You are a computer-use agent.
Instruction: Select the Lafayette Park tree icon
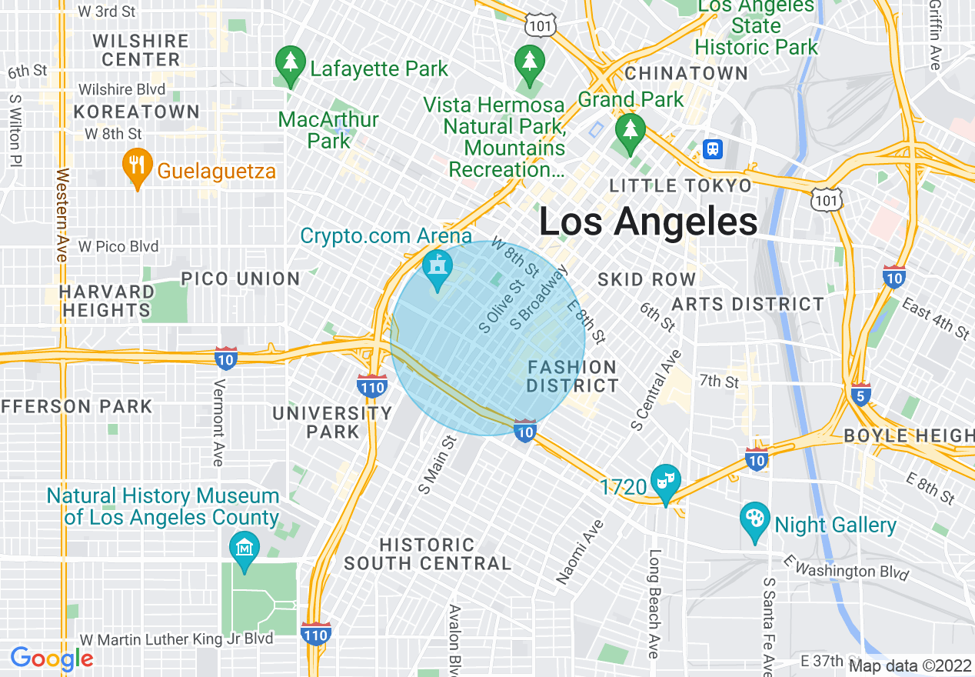point(290,67)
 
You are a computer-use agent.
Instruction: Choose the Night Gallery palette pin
point(754,522)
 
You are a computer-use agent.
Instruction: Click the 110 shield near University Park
point(372,386)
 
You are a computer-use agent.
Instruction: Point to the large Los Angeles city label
point(648,222)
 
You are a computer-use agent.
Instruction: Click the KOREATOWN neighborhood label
point(136,112)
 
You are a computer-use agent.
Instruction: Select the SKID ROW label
point(646,279)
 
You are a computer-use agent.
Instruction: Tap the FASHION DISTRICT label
point(572,377)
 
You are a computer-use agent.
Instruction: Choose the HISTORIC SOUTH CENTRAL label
point(427,554)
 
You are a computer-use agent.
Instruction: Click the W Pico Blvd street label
point(118,246)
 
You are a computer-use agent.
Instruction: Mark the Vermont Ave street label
point(218,422)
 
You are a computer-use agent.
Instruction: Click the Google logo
point(52,659)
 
